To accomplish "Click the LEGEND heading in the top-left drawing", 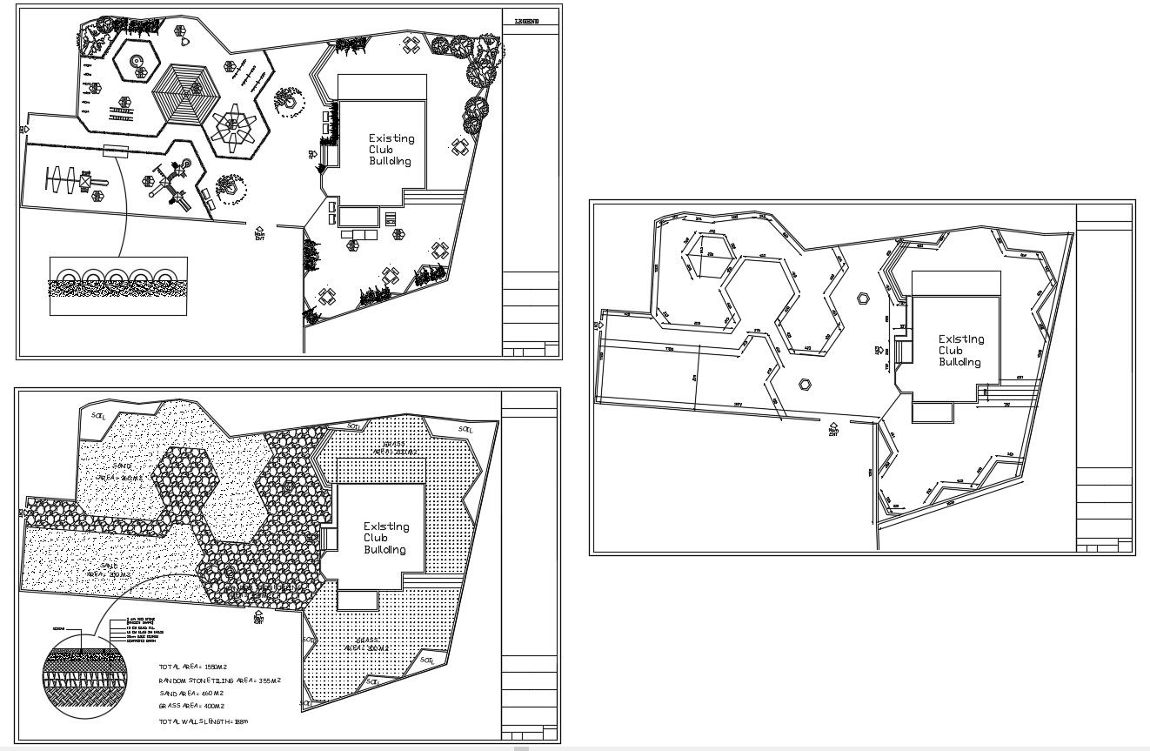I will coord(526,19).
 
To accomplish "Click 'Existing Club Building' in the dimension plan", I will coord(961,351).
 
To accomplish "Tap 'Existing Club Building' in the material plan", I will coord(385,538).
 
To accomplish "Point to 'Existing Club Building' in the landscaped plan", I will coord(391,150).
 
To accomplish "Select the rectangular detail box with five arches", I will coord(118,285).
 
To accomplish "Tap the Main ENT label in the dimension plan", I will coord(833,429).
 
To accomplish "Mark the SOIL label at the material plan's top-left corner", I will coord(98,416).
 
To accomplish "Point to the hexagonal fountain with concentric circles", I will coord(135,61).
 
